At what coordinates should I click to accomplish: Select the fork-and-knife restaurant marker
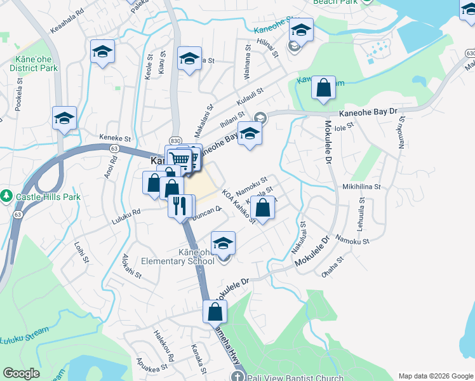click(180, 204)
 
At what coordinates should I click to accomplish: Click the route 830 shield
click(176, 140)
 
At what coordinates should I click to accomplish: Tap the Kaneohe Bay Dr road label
click(368, 112)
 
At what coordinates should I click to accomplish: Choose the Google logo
click(21, 373)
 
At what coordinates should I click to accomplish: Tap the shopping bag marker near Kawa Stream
click(323, 89)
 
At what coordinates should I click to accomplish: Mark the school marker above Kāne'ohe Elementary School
click(223, 243)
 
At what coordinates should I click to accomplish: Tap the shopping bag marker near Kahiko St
click(263, 207)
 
